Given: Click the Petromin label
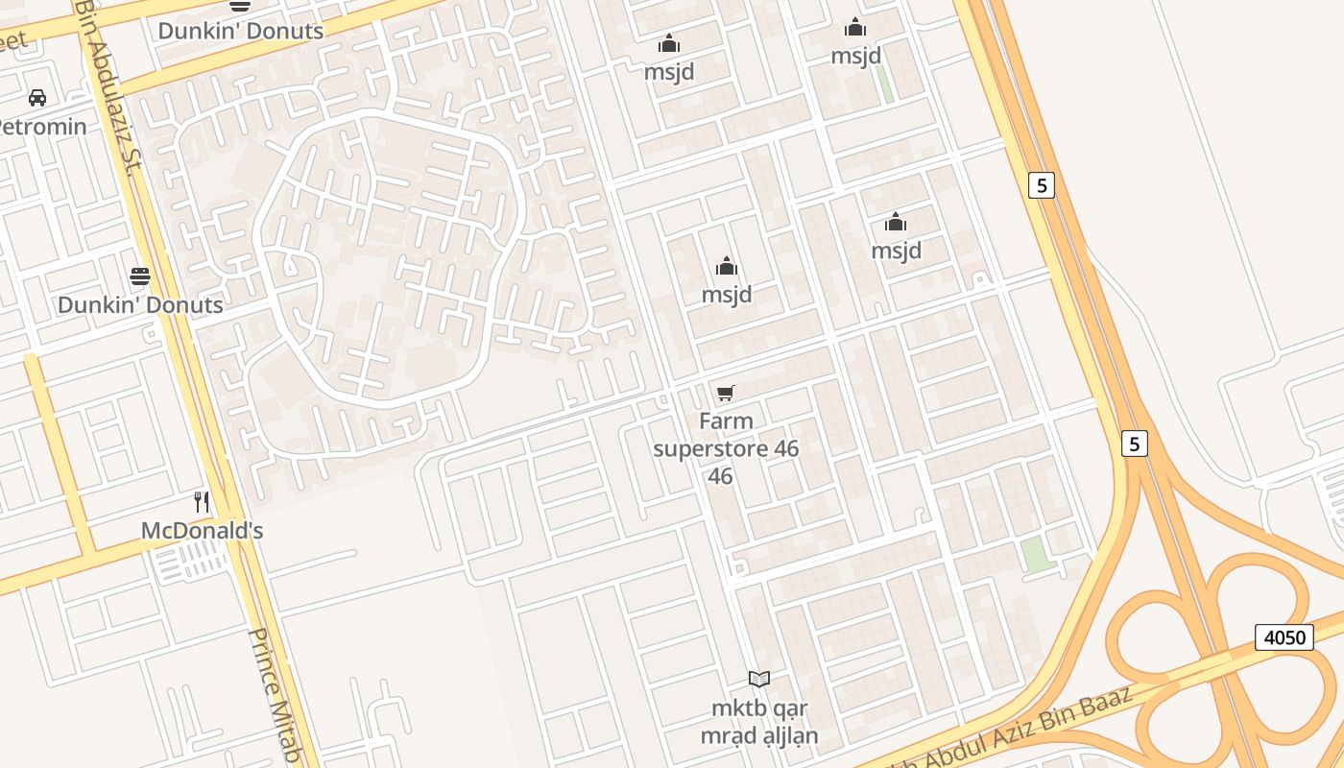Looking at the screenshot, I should coord(42,127).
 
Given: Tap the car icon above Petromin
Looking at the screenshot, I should coord(37,98).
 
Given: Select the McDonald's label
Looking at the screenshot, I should coord(202,531).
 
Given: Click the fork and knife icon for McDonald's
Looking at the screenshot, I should coord(202,501).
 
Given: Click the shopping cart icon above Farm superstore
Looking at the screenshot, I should coord(726,393).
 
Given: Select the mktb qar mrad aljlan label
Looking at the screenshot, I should coord(759,722).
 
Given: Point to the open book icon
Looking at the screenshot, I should coord(759,680).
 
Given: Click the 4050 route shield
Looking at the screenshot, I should coord(1284,636).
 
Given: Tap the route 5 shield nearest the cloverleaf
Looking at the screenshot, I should coord(1135,444).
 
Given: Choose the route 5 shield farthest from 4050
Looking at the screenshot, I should coord(1041,184).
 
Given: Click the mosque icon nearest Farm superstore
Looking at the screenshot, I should coord(727,266).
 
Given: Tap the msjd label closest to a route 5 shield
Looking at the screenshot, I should coord(896,251).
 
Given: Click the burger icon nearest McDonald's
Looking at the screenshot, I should coord(140,276).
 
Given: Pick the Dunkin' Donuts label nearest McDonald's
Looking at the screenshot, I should coord(140,305).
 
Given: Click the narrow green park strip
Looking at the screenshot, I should coord(884,84).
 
